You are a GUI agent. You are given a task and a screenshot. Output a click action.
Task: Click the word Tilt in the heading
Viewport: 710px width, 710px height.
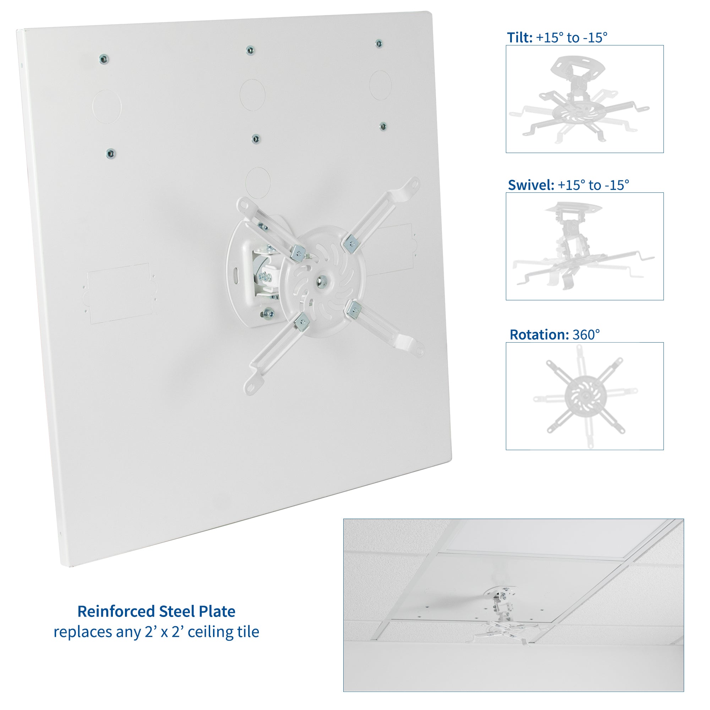(519, 38)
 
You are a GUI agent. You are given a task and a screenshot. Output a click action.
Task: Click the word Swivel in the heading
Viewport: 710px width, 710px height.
(531, 185)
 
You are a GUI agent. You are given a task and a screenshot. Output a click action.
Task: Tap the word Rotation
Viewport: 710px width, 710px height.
(539, 335)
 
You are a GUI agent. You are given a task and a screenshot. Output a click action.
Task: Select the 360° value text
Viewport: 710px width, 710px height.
(586, 335)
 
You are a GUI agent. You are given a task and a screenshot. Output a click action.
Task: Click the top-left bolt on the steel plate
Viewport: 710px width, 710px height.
(104, 59)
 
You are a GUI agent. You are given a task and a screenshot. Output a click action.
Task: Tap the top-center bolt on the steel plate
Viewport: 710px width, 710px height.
(250, 50)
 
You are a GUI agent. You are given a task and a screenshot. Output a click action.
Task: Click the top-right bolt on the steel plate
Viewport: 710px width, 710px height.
(379, 44)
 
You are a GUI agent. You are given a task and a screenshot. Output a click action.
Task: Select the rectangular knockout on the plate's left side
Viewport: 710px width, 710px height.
(120, 293)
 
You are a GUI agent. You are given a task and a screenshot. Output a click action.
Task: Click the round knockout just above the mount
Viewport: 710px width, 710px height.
(258, 182)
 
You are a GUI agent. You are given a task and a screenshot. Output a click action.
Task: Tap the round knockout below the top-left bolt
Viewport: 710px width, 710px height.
(106, 106)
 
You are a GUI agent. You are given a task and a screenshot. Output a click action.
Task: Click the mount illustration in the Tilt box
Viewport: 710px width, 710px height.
(579, 99)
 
